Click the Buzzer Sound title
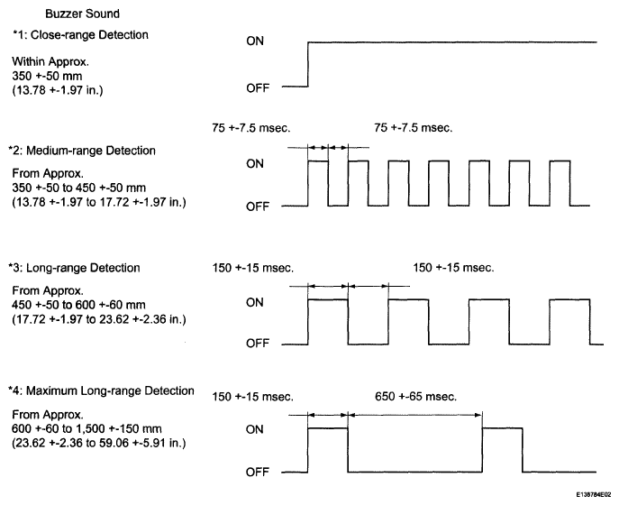(82, 14)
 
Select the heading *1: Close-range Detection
(80, 35)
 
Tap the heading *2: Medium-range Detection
(82, 151)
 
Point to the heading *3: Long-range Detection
(74, 268)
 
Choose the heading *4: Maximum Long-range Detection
(101, 390)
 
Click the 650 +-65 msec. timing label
(415, 396)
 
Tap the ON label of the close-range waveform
(255, 41)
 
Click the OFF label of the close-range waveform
(258, 87)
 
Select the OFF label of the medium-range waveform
(258, 207)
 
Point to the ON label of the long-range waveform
(255, 302)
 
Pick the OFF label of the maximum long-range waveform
(258, 472)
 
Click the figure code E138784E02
(594, 494)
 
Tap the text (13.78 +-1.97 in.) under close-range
(58, 90)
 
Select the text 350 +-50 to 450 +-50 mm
(78, 188)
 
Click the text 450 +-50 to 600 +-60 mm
(78, 305)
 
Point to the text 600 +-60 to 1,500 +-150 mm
(86, 428)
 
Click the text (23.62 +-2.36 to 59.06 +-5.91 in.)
(99, 443)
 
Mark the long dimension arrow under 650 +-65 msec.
(414, 415)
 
